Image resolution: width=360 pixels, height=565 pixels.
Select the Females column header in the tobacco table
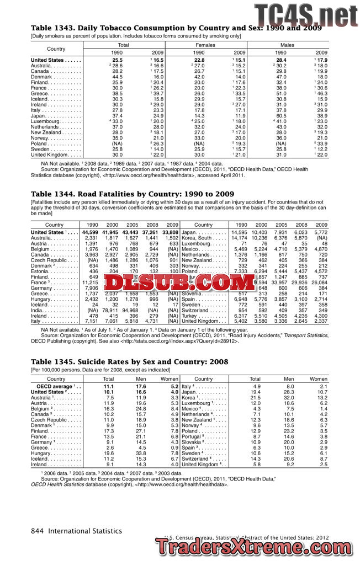pos(205,44)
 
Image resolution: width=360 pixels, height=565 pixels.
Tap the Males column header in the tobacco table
pos(288,44)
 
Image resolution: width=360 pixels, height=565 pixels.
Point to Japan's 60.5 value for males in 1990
pos(281,116)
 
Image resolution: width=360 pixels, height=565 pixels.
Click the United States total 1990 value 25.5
pos(117,60)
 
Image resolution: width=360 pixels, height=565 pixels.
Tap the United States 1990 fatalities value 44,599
pos(89,232)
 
